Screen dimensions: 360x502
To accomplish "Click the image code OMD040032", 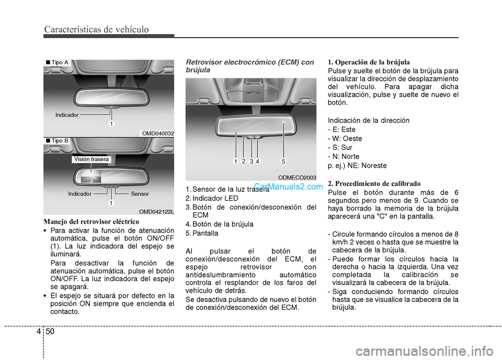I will (x=158, y=133).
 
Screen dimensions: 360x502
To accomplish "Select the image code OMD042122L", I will (x=156, y=211).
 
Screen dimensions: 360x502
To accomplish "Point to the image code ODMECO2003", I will (x=297, y=178).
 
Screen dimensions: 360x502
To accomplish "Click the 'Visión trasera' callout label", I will (x=92, y=159).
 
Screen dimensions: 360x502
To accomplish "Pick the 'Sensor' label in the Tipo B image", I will (x=140, y=194).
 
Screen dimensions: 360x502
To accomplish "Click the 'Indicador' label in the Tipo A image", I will (x=67, y=114).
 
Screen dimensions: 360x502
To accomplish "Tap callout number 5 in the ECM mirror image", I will (x=283, y=161).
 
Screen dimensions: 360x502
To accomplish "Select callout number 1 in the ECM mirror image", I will (x=236, y=161).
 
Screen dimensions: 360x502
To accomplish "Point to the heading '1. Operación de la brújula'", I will (x=369, y=62).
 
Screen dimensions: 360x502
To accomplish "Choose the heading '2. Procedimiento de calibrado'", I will (x=373, y=183).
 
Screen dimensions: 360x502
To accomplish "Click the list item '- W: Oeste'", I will (x=345, y=138).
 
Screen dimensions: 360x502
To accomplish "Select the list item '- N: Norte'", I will (x=344, y=156).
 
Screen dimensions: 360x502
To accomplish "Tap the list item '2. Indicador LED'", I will (x=212, y=199).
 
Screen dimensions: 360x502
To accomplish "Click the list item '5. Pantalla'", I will (x=202, y=233).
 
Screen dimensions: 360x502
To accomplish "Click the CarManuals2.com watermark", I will (x=289, y=185).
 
